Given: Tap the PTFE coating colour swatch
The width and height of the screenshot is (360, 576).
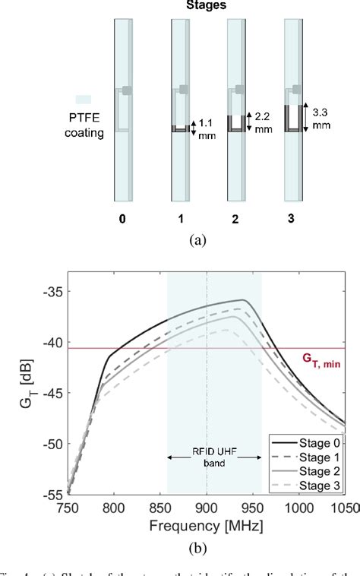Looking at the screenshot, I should pos(83,99).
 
